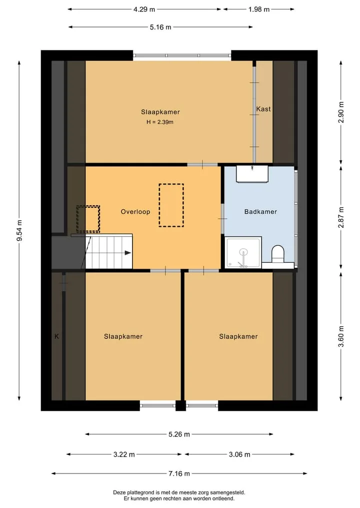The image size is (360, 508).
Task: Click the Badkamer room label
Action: pos(260,212)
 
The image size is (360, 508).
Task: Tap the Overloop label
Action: pos(135,212)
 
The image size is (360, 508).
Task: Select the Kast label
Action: pos(263,109)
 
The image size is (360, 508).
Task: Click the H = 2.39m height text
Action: pos(160,122)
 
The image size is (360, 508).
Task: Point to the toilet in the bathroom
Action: pos(277,254)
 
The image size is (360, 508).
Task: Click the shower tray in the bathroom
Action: pos(243,253)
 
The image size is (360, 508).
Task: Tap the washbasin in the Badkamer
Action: pos(252,174)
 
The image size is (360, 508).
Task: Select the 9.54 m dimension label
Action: pos(20,230)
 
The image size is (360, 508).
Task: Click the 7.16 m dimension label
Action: pos(179,474)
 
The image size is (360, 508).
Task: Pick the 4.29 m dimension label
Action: pos(144,9)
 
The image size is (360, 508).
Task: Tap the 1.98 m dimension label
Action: pos(259,9)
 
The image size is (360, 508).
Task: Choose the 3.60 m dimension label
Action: pos(341,336)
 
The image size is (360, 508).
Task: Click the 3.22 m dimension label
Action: pos(124,455)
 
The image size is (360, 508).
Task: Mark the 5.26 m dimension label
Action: pos(179,435)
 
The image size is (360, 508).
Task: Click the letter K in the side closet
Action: pos(57,337)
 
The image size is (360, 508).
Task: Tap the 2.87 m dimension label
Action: pos(341,217)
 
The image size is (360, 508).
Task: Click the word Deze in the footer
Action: pos(119,493)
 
